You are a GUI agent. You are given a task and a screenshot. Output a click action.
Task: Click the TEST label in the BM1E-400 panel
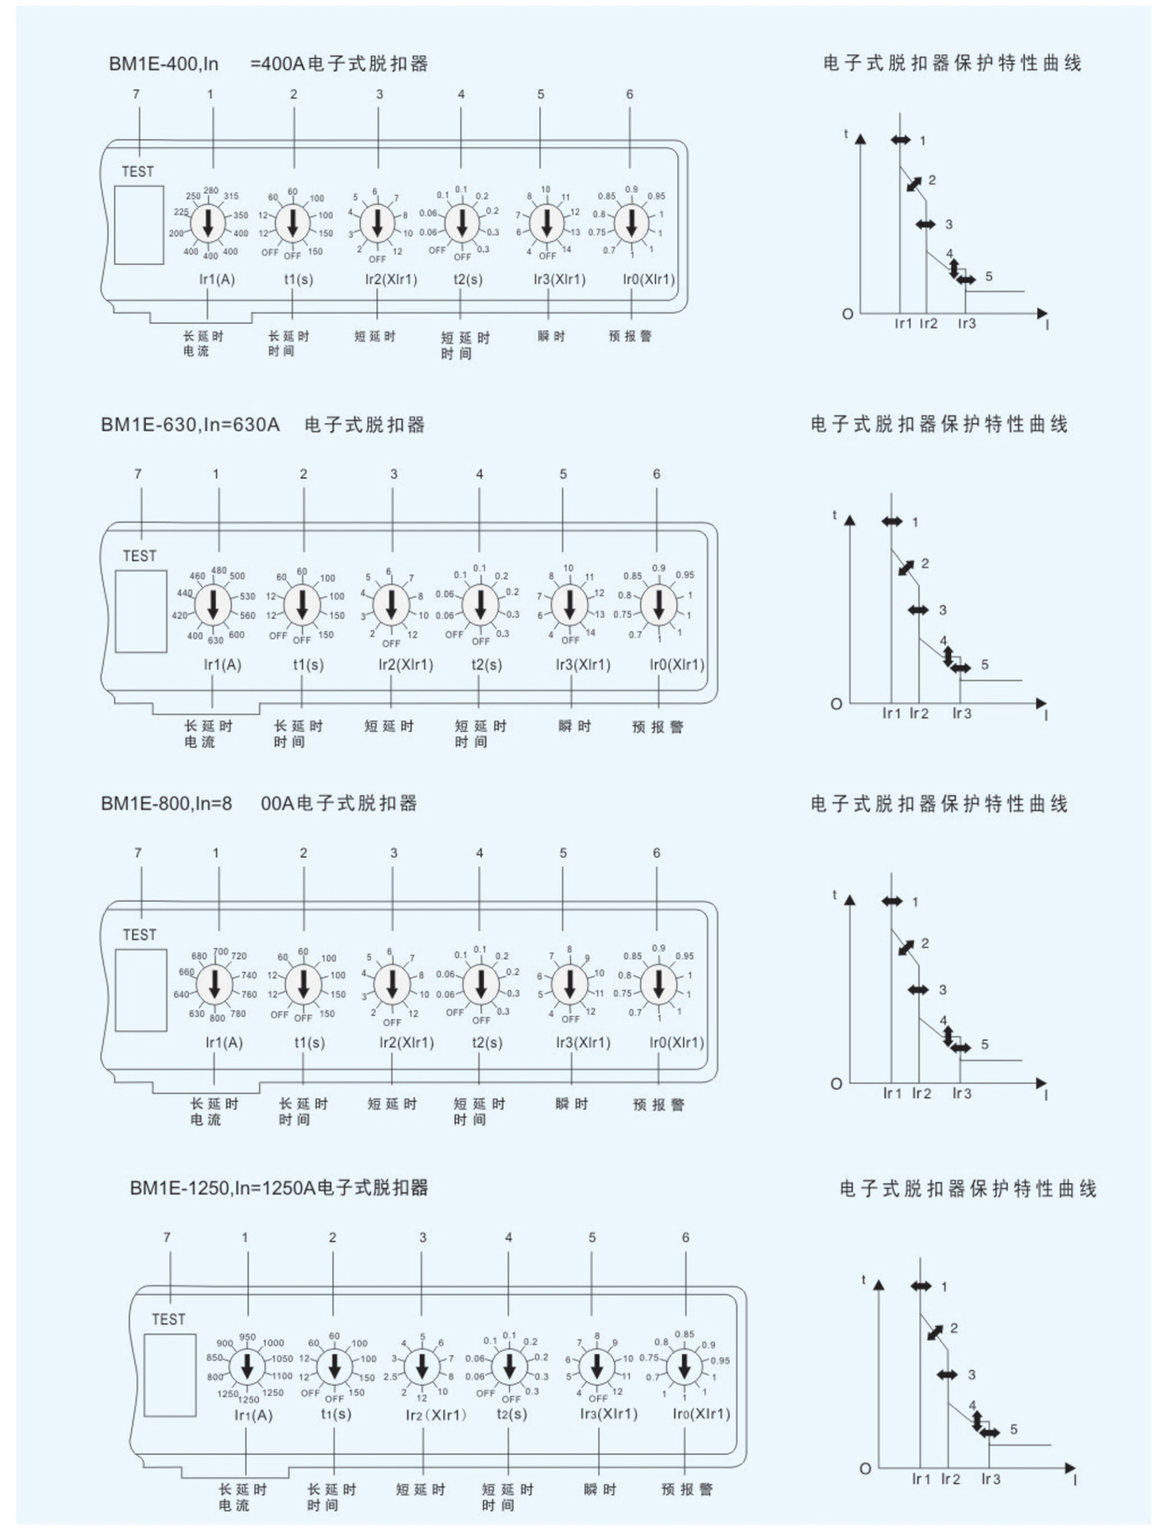tap(138, 172)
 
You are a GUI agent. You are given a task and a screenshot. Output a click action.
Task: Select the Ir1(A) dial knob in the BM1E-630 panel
tap(214, 605)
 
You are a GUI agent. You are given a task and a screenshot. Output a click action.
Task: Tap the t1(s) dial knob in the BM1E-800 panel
tap(303, 984)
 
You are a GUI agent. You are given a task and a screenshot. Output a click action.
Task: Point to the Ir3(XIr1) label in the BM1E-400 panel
tap(559, 279)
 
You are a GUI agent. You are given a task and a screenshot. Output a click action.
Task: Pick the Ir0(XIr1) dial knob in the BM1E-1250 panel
tap(684, 1367)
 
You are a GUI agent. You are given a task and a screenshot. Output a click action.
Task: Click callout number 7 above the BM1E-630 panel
tap(138, 474)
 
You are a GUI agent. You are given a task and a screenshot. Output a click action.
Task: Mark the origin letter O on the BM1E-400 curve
tap(847, 315)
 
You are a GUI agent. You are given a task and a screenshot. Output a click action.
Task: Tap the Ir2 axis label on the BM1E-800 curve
tap(921, 1094)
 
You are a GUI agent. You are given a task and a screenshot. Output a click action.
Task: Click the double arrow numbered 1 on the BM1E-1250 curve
tap(921, 1286)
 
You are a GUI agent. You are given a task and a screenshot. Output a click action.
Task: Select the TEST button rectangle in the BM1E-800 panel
tap(141, 990)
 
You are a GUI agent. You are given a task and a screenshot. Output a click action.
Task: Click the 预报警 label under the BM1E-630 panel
tap(658, 727)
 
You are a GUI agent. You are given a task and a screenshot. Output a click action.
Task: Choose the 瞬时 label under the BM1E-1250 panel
tap(599, 1489)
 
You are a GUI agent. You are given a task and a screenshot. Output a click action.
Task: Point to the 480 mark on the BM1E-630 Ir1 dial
tap(219, 571)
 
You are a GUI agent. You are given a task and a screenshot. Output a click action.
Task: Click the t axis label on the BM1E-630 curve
tap(834, 515)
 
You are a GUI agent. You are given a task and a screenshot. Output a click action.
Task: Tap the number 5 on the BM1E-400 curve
tap(988, 277)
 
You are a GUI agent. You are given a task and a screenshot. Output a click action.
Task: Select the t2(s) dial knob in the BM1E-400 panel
tap(462, 224)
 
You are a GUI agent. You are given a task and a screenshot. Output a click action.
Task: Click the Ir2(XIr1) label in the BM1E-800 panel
tap(406, 1043)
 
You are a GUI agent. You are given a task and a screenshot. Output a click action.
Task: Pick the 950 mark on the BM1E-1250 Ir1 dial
tap(247, 1337)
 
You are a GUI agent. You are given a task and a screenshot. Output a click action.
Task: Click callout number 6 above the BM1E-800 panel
tap(656, 853)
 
